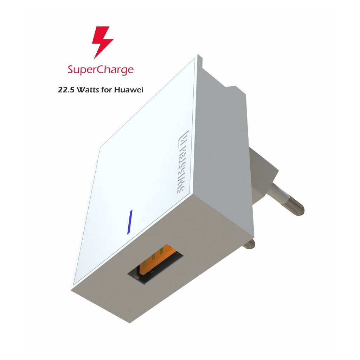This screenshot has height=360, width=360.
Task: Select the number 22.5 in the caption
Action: pos(66,90)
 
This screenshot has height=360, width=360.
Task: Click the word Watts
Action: pos(89,90)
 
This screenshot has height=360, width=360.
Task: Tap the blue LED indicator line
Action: pos(130,222)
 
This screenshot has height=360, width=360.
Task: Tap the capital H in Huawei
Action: pos(117,90)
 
